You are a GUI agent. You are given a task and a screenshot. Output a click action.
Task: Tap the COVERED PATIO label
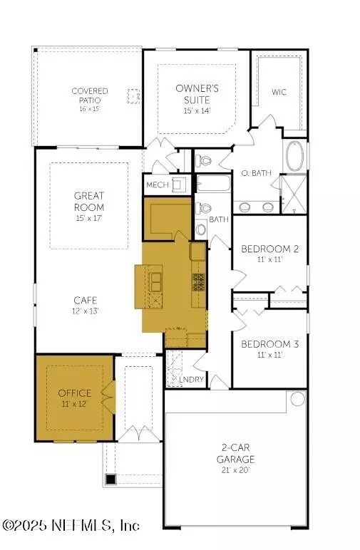tap(90, 96)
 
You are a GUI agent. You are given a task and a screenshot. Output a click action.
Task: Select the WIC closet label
tap(279, 92)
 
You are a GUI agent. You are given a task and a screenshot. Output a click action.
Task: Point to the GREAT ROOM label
tap(89, 201)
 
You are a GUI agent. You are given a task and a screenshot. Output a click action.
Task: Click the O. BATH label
tap(254, 173)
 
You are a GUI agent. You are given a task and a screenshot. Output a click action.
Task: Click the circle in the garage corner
tap(296, 400)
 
